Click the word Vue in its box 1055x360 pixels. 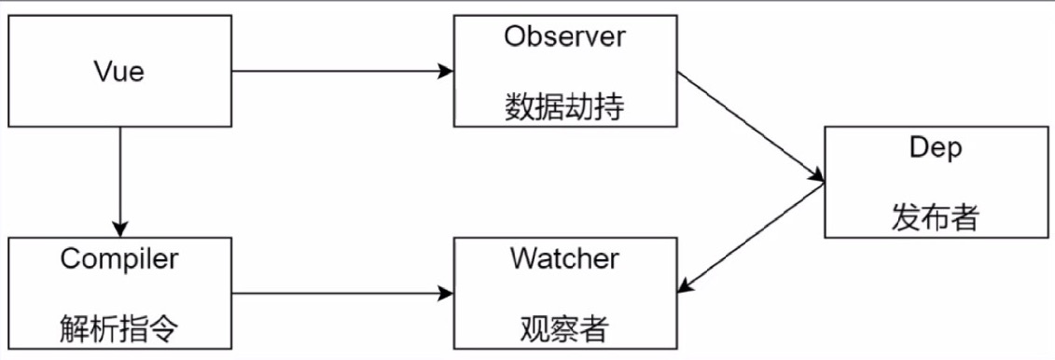119,71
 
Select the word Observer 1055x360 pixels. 565,37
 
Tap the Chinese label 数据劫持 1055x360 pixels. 565,106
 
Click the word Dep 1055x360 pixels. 936,148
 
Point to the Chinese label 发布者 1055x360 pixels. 936,217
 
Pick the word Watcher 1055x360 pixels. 564,258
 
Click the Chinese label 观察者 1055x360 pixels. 564,327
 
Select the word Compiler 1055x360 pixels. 118,258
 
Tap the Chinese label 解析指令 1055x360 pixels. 118,327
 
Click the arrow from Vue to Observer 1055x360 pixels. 341,71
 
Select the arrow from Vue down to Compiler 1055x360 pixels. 119,182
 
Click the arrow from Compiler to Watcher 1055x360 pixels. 341,294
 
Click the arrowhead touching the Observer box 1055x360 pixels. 446,71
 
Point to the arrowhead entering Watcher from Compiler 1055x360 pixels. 446,294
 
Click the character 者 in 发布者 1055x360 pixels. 965,217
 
